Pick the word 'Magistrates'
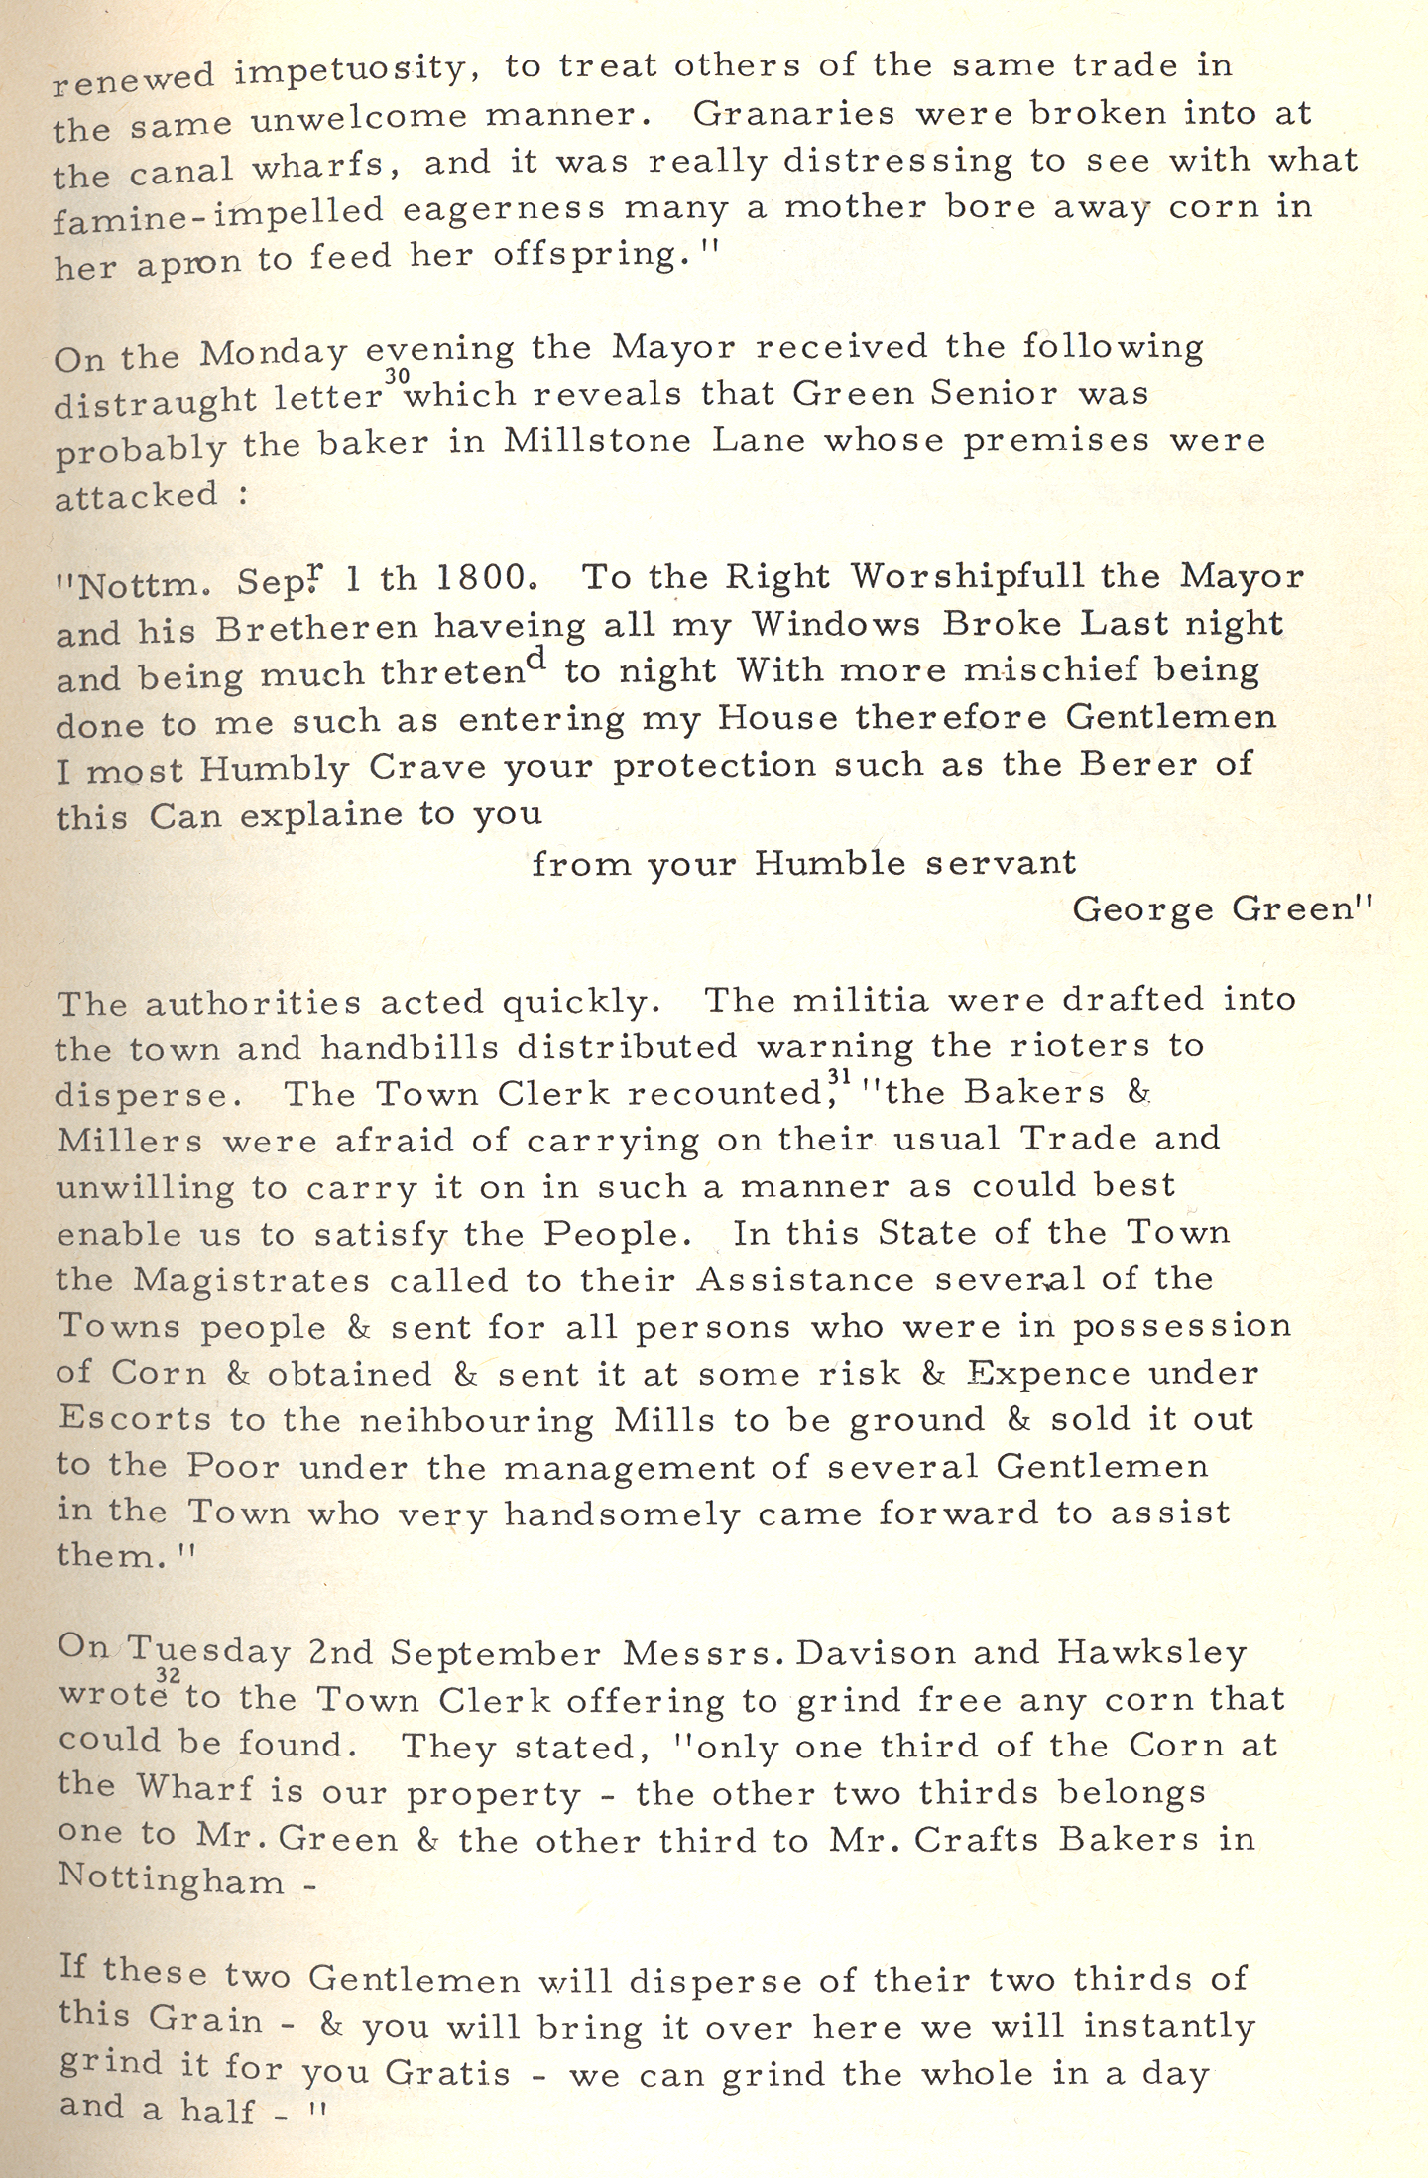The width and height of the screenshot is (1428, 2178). [x=251, y=1279]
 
